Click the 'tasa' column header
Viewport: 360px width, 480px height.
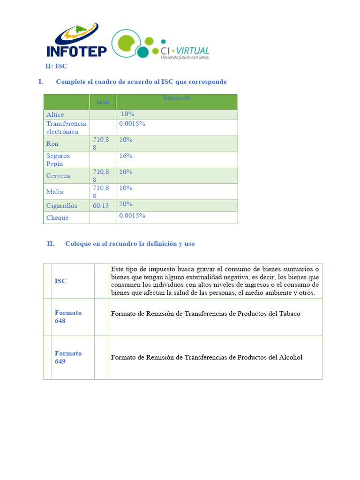click(103, 102)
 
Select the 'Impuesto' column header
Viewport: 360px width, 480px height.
click(177, 98)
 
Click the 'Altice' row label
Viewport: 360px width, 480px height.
click(55, 114)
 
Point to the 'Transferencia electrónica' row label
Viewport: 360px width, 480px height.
click(66, 127)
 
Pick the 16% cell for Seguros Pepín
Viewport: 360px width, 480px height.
click(126, 156)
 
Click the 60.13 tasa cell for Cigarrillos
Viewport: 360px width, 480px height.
click(101, 206)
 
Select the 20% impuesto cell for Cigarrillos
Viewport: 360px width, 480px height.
click(126, 204)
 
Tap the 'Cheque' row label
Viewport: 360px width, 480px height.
click(57, 217)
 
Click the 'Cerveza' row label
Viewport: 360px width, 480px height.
click(58, 176)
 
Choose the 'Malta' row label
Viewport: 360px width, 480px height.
click(55, 192)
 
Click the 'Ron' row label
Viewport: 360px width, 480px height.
click(52, 144)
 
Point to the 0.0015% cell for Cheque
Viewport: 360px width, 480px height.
click(132, 216)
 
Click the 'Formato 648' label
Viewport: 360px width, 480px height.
click(68, 317)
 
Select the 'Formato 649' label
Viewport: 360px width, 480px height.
click(68, 358)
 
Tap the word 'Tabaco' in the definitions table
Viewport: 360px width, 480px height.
click(290, 314)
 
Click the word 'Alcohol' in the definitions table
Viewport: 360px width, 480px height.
click(291, 357)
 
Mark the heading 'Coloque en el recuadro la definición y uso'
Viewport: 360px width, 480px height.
click(130, 244)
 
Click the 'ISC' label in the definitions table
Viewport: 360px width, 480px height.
click(60, 281)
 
